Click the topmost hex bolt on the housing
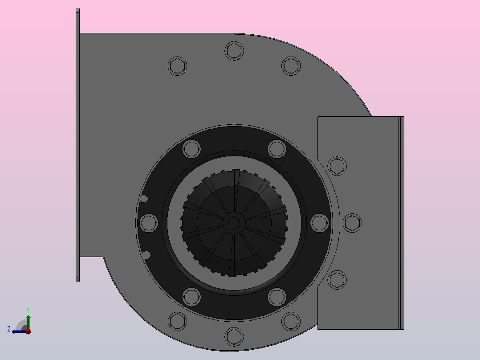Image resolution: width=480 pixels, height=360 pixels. pos(234,51)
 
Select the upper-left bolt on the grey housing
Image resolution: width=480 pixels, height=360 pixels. pos(178,66)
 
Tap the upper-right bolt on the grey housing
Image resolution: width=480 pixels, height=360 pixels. pos(291,66)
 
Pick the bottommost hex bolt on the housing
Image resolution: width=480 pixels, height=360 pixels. pos(234,336)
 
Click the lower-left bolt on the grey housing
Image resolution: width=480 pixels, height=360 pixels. pos(178,321)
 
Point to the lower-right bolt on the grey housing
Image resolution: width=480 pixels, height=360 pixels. pos(291,321)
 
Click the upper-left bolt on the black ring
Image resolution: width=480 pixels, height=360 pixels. pos(191,149)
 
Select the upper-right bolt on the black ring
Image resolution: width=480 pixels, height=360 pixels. pos(277,149)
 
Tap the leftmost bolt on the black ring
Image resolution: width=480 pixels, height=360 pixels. pos(149,223)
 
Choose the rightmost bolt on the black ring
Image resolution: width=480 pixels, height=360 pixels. pos(320,223)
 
